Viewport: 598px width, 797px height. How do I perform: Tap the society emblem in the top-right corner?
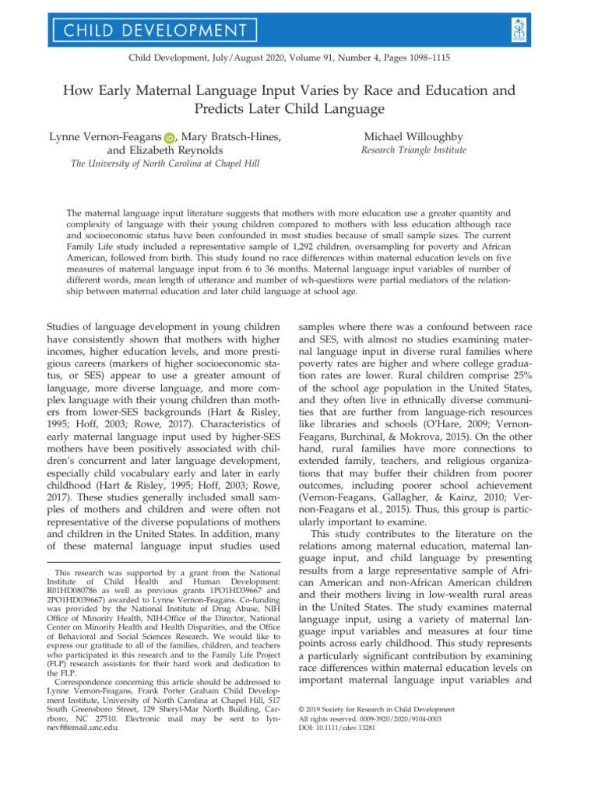click(x=565, y=29)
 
